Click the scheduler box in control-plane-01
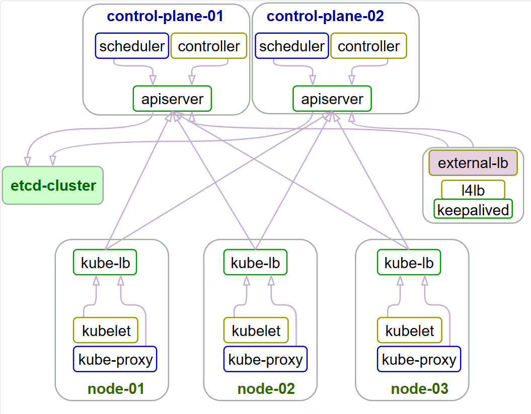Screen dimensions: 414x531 tap(132, 46)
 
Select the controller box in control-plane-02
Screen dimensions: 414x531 tap(368, 46)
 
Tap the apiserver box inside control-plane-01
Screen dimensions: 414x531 tap(172, 99)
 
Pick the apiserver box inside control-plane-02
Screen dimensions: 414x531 tap(332, 99)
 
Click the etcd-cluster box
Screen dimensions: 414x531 tap(53, 186)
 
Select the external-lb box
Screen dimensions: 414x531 tap(473, 163)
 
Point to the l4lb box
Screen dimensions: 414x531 tap(473, 190)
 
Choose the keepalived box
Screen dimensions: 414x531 tap(473, 209)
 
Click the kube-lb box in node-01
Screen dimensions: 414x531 tap(105, 263)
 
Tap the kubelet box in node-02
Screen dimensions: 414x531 tap(256, 330)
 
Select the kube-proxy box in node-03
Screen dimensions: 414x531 tap(419, 359)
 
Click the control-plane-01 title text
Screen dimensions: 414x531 tap(165, 16)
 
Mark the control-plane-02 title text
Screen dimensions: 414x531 tap(325, 16)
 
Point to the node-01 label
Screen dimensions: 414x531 tap(116, 389)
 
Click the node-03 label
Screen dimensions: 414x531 tap(419, 389)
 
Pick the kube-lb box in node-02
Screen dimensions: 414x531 tap(255, 263)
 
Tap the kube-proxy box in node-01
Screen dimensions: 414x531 tap(115, 359)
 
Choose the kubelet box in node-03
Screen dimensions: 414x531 tap(410, 330)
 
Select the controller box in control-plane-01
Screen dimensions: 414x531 tap(209, 46)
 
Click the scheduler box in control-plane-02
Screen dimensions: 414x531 tap(292, 46)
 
